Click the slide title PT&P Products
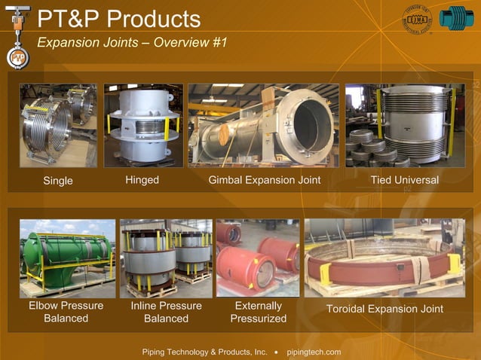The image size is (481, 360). tap(119, 19)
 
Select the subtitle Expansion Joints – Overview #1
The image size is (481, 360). tap(132, 42)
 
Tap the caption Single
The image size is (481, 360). tap(58, 181)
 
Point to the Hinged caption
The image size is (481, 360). tap(142, 180)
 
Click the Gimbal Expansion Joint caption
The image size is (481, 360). tap(265, 180)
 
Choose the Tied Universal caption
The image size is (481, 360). tap(404, 180)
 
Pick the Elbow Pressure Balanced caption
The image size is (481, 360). tap(66, 312)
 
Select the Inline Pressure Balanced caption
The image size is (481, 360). tap(166, 312)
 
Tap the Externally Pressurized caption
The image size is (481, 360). tap(259, 312)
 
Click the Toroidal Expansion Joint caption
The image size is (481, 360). tap(384, 309)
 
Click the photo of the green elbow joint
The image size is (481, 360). tap(67, 258)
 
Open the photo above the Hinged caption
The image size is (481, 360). tap(143, 125)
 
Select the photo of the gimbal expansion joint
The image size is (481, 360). tap(263, 125)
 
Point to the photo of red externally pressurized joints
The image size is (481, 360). tap(258, 257)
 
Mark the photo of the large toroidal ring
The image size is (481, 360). tap(384, 258)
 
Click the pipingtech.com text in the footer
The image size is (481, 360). tap(314, 352)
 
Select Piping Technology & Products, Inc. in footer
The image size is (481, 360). tap(205, 352)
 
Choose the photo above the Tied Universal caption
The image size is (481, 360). tap(405, 125)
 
